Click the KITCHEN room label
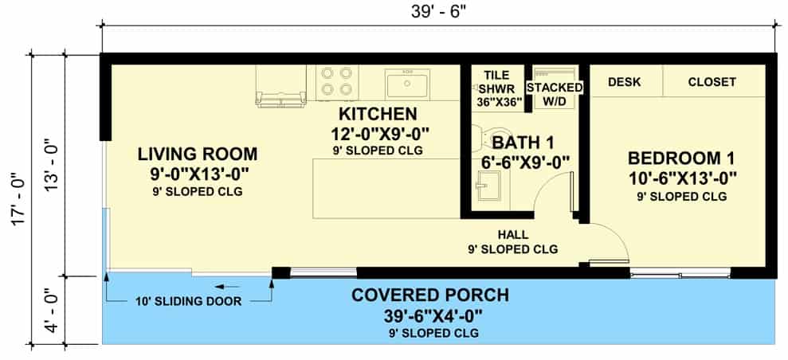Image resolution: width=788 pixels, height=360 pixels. tap(378, 114)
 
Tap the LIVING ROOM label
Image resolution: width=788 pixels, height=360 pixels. tap(198, 154)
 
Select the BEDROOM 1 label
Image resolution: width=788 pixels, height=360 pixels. tap(681, 158)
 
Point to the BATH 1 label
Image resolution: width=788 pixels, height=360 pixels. tap(523, 143)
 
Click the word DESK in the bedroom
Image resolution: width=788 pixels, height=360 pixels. tap(624, 82)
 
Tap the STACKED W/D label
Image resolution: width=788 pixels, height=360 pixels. tap(555, 93)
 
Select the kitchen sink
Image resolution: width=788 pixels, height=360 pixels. tap(407, 84)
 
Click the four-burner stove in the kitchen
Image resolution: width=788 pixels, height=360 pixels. tap(337, 82)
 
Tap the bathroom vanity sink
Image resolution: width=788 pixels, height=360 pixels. tap(488, 186)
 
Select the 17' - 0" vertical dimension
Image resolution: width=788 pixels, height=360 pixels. tap(20, 199)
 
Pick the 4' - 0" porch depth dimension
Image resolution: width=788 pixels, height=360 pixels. tap(53, 311)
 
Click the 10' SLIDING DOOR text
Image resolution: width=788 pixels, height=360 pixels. tap(189, 302)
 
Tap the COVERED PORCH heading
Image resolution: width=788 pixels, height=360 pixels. tap(430, 295)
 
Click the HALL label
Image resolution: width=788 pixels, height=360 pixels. tap(512, 234)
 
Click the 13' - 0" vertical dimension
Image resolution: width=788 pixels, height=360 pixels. tap(53, 165)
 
